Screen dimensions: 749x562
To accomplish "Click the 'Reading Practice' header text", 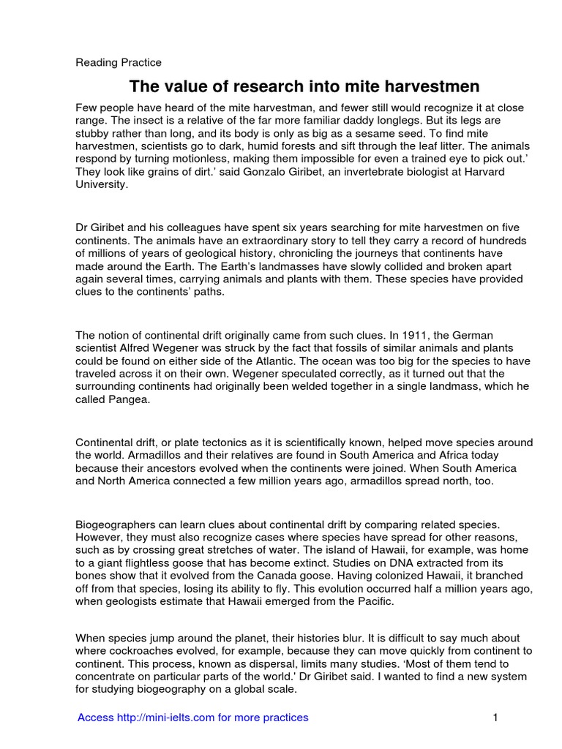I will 119,63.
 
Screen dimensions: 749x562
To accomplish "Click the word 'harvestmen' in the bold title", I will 416,87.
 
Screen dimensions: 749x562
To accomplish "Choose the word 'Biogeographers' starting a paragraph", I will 113,524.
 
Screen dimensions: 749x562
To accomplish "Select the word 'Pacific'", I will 373,601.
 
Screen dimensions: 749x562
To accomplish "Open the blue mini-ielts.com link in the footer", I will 193,718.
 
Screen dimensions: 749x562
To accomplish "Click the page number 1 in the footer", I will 495,718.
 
